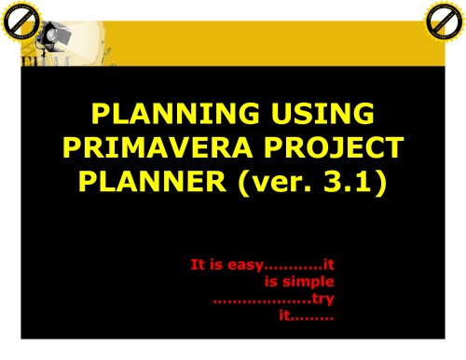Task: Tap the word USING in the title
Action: [313, 117]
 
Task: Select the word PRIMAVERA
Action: [164, 147]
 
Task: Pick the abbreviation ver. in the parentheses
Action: [272, 179]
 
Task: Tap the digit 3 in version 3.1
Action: [336, 179]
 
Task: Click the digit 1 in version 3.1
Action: [366, 179]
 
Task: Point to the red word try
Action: [323, 298]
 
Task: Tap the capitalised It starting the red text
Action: [199, 264]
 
